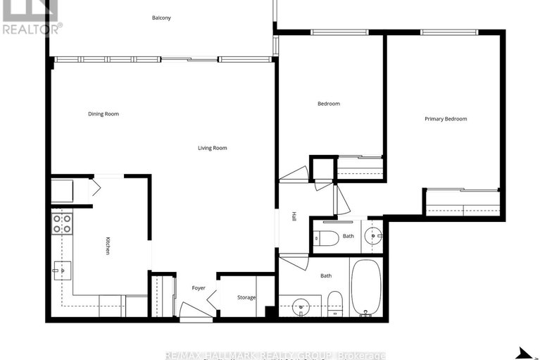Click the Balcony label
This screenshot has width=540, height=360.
point(161,18)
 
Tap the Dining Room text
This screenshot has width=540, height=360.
point(103,114)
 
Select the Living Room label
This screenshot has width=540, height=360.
point(212,148)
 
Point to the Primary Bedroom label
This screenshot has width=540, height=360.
point(446,119)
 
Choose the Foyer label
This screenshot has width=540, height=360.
point(199,288)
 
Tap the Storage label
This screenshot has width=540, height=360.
point(246,297)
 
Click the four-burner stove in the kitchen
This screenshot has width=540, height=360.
point(62,224)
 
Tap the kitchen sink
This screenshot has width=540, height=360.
point(62,269)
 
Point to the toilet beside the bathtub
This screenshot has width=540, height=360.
point(335,302)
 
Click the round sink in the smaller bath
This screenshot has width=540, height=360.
point(372,235)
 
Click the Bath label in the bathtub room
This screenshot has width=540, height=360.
point(326,276)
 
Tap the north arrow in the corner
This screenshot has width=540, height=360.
point(525,352)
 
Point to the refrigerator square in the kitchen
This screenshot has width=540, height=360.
point(62,191)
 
